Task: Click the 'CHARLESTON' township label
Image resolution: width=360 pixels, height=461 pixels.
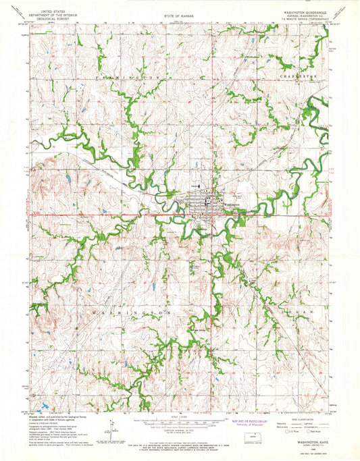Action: pyautogui.click(x=296, y=78)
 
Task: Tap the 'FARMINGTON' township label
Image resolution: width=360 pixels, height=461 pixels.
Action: pyautogui.click(x=120, y=78)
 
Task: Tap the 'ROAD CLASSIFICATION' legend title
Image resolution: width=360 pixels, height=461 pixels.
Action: pyautogui.click(x=294, y=418)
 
